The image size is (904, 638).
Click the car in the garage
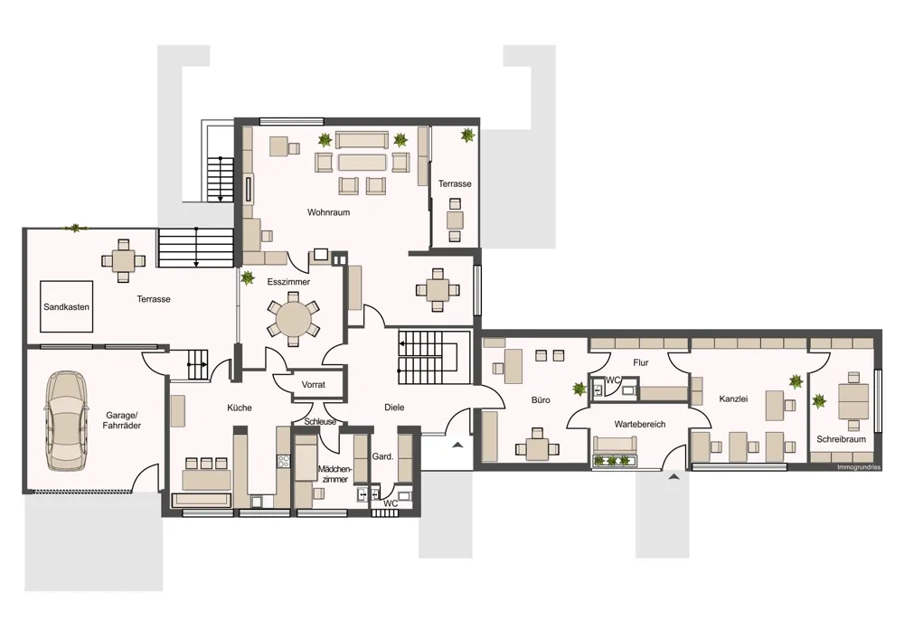tap(66, 420)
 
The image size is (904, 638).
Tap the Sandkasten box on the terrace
tap(66, 306)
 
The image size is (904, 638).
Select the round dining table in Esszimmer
tap(293, 319)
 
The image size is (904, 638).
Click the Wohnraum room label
tap(329, 212)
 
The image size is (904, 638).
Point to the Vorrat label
tap(314, 384)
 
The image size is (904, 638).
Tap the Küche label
tap(240, 408)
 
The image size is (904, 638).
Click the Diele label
tap(394, 407)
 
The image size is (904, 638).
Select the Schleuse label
tap(321, 421)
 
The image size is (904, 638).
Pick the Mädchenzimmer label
tap(334, 474)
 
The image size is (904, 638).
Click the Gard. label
tap(382, 456)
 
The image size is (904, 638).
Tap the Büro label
tap(541, 399)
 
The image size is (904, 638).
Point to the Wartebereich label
tap(640, 424)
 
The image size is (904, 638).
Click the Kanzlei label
tap(733, 399)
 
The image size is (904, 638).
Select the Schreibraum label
tap(841, 439)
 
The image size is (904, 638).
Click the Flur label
tap(641, 362)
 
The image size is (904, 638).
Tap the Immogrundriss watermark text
tap(859, 467)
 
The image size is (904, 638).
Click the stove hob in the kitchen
tap(284, 461)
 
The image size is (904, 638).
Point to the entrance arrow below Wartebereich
tap(673, 476)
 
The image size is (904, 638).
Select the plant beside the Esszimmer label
tap(248, 277)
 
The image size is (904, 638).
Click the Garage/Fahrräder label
tap(122, 420)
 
